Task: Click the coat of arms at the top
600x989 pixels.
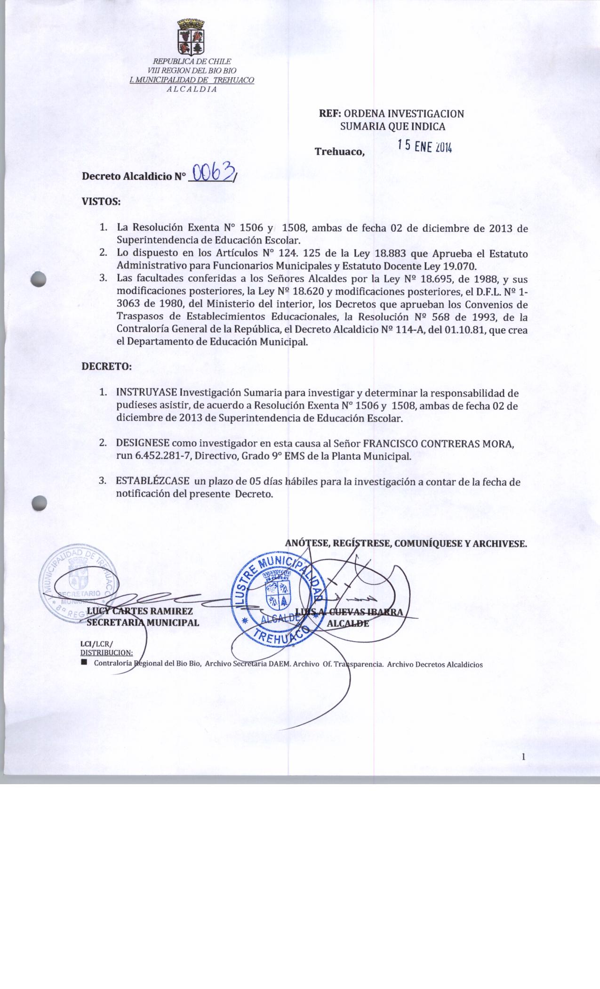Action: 192,36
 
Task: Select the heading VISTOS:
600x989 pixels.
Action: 102,202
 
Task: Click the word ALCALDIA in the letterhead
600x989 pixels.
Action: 192,89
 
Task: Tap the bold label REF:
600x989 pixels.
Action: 330,113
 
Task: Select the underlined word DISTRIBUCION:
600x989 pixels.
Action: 106,652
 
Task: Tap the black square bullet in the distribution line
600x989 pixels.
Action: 84,662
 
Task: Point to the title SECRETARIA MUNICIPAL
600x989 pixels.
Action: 143,622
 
